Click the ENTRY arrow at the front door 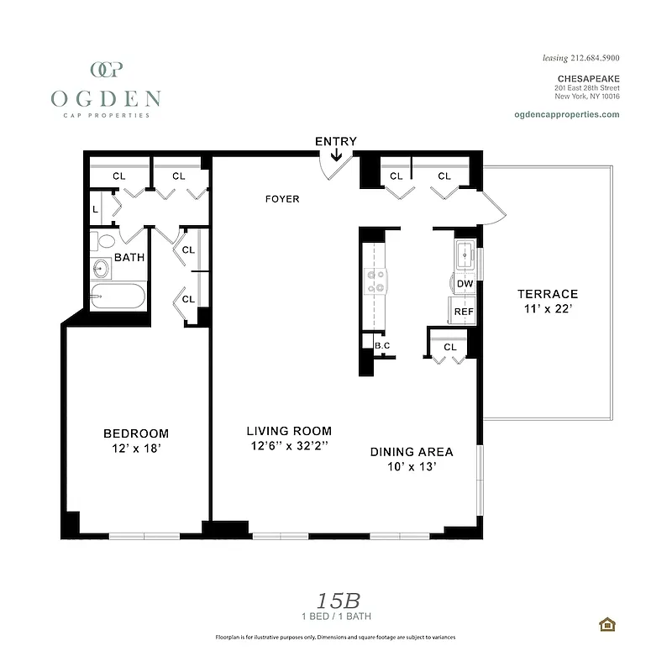point(336,155)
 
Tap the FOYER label point(282,199)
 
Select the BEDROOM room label point(136,433)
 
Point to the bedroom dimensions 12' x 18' point(136,449)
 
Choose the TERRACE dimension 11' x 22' point(547,309)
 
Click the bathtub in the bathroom point(118,296)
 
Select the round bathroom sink point(102,270)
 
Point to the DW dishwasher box point(465,284)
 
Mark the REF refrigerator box point(464,311)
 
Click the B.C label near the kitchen point(382,345)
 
